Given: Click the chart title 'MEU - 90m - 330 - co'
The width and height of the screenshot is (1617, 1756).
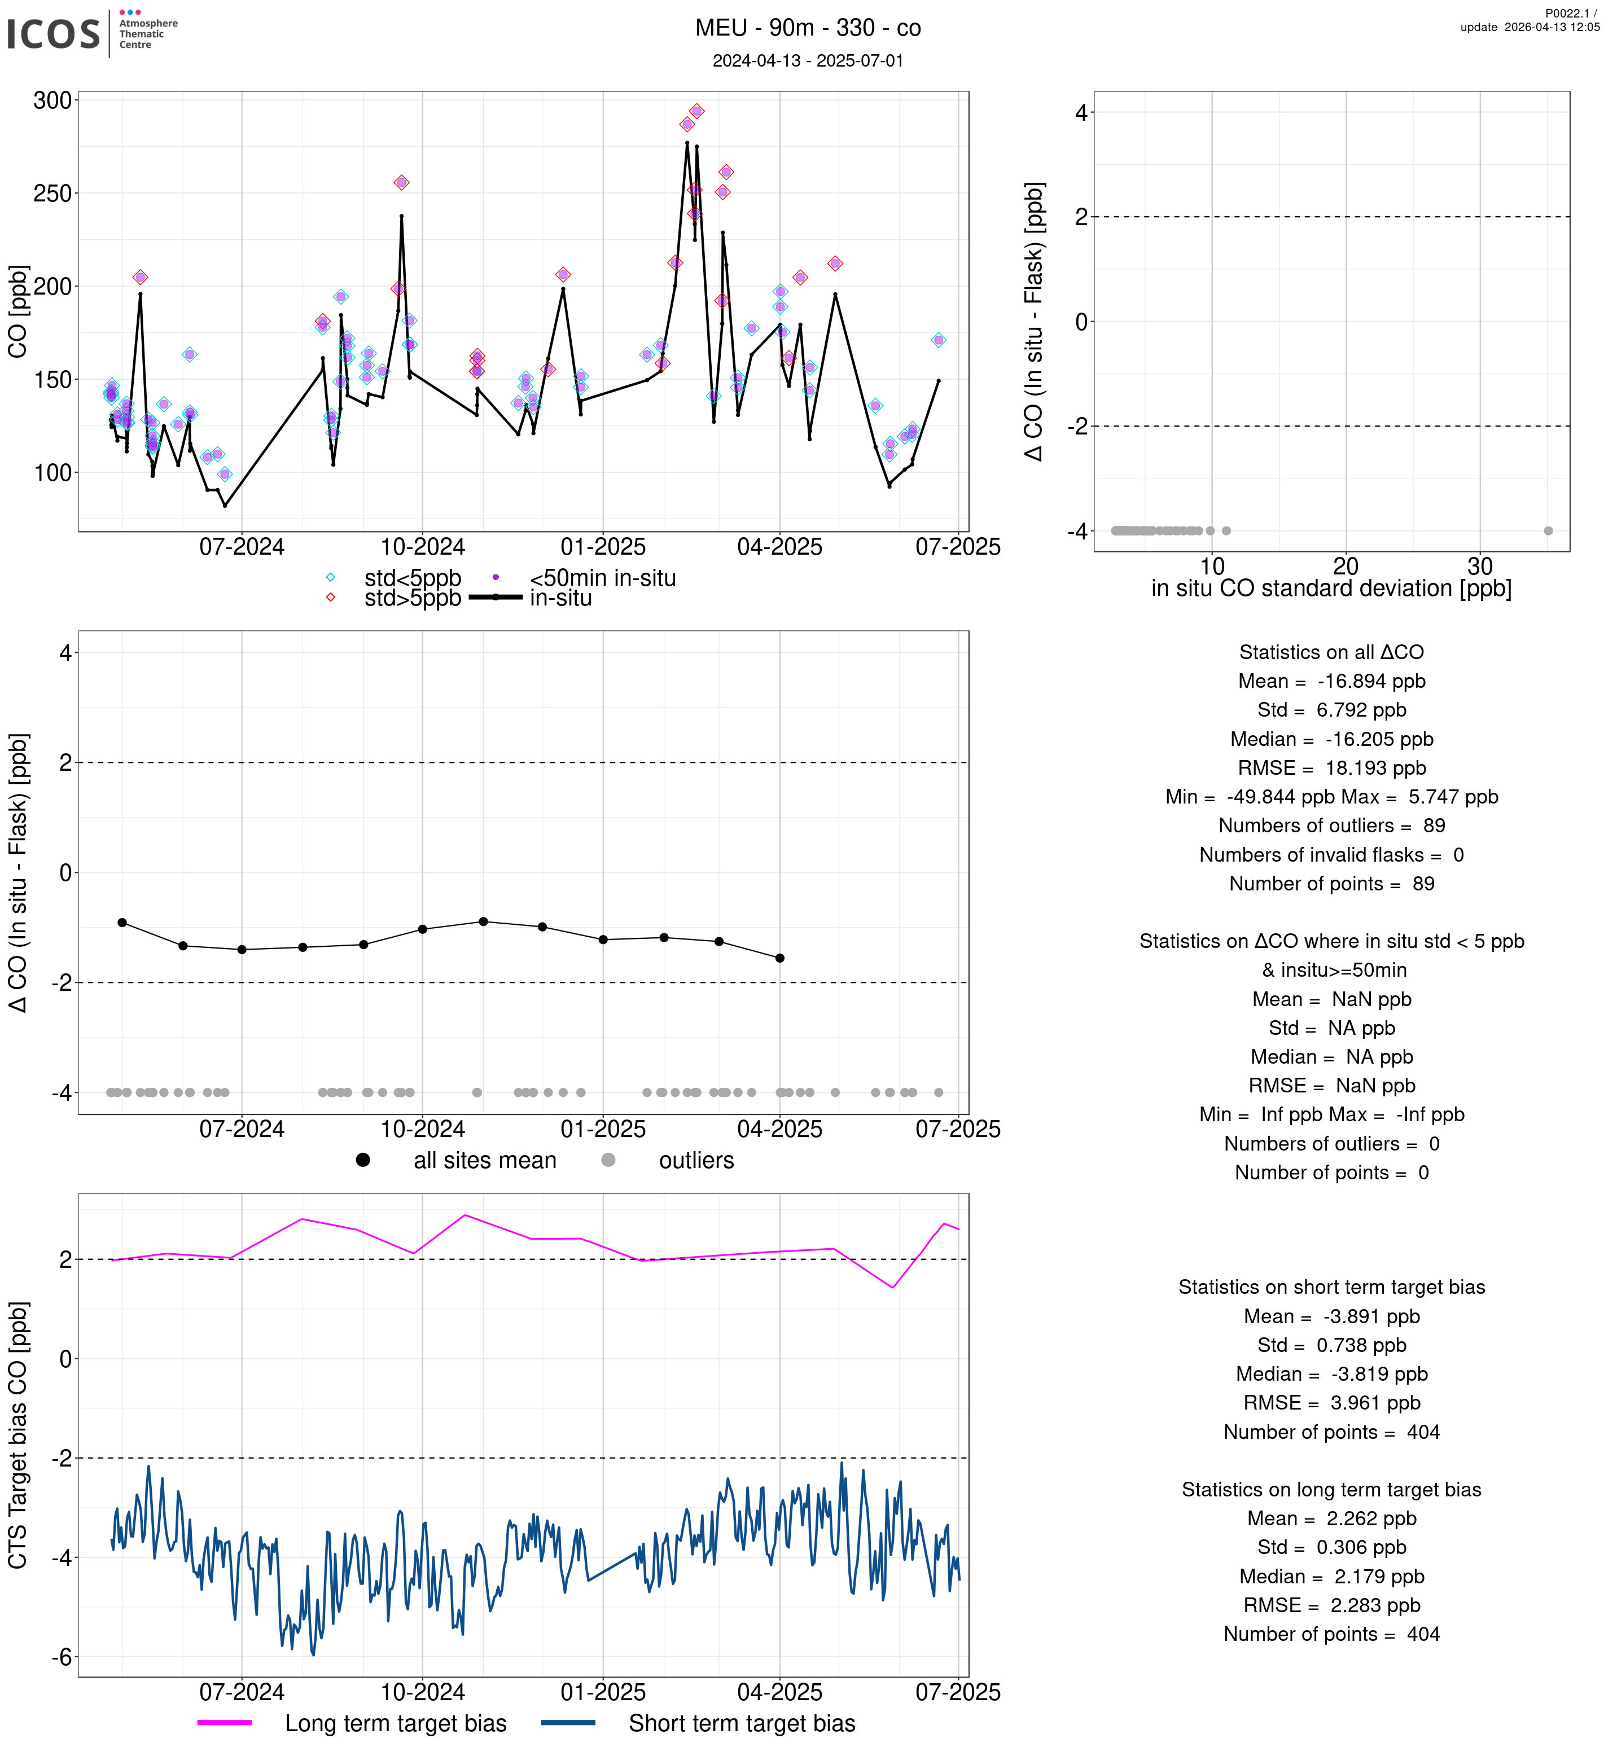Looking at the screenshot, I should click(x=808, y=28).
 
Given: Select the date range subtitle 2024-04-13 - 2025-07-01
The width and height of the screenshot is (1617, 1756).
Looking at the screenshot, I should click(x=808, y=60).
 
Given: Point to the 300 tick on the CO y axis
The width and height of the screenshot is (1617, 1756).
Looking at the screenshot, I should click(x=52, y=100).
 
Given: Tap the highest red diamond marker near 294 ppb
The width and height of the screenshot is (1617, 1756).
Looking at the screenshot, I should click(x=696, y=111).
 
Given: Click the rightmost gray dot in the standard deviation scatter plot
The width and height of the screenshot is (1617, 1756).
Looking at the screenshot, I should click(x=1548, y=530).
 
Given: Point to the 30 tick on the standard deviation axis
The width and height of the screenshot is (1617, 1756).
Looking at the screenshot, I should click(x=1480, y=566).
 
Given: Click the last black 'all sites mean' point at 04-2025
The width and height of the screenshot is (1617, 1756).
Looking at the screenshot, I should click(x=779, y=958).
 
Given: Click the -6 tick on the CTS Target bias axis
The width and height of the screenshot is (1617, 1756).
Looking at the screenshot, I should click(x=62, y=1657).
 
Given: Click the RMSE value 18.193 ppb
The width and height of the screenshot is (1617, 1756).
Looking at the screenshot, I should click(x=1375, y=767).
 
